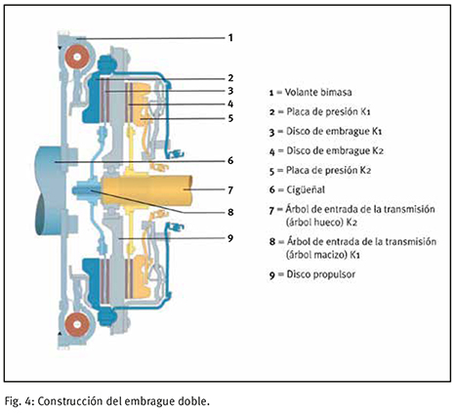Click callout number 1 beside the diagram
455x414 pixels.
[230, 38]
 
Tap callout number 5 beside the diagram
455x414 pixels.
[230, 118]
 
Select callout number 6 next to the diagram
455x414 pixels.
[230, 160]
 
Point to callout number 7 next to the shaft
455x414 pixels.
[230, 189]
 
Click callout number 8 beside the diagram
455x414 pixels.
[230, 212]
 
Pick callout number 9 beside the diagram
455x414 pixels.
[230, 238]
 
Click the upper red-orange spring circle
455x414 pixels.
[77, 57]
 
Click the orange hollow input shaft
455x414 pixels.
[146, 189]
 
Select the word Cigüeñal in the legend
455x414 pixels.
[306, 189]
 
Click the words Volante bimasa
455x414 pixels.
[318, 92]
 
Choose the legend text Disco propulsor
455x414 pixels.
[321, 274]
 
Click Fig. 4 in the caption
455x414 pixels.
[19, 401]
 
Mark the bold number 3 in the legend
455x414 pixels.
[272, 133]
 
